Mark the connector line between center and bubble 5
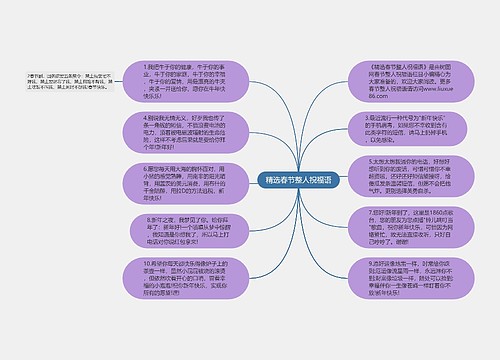(x=325, y=181)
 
